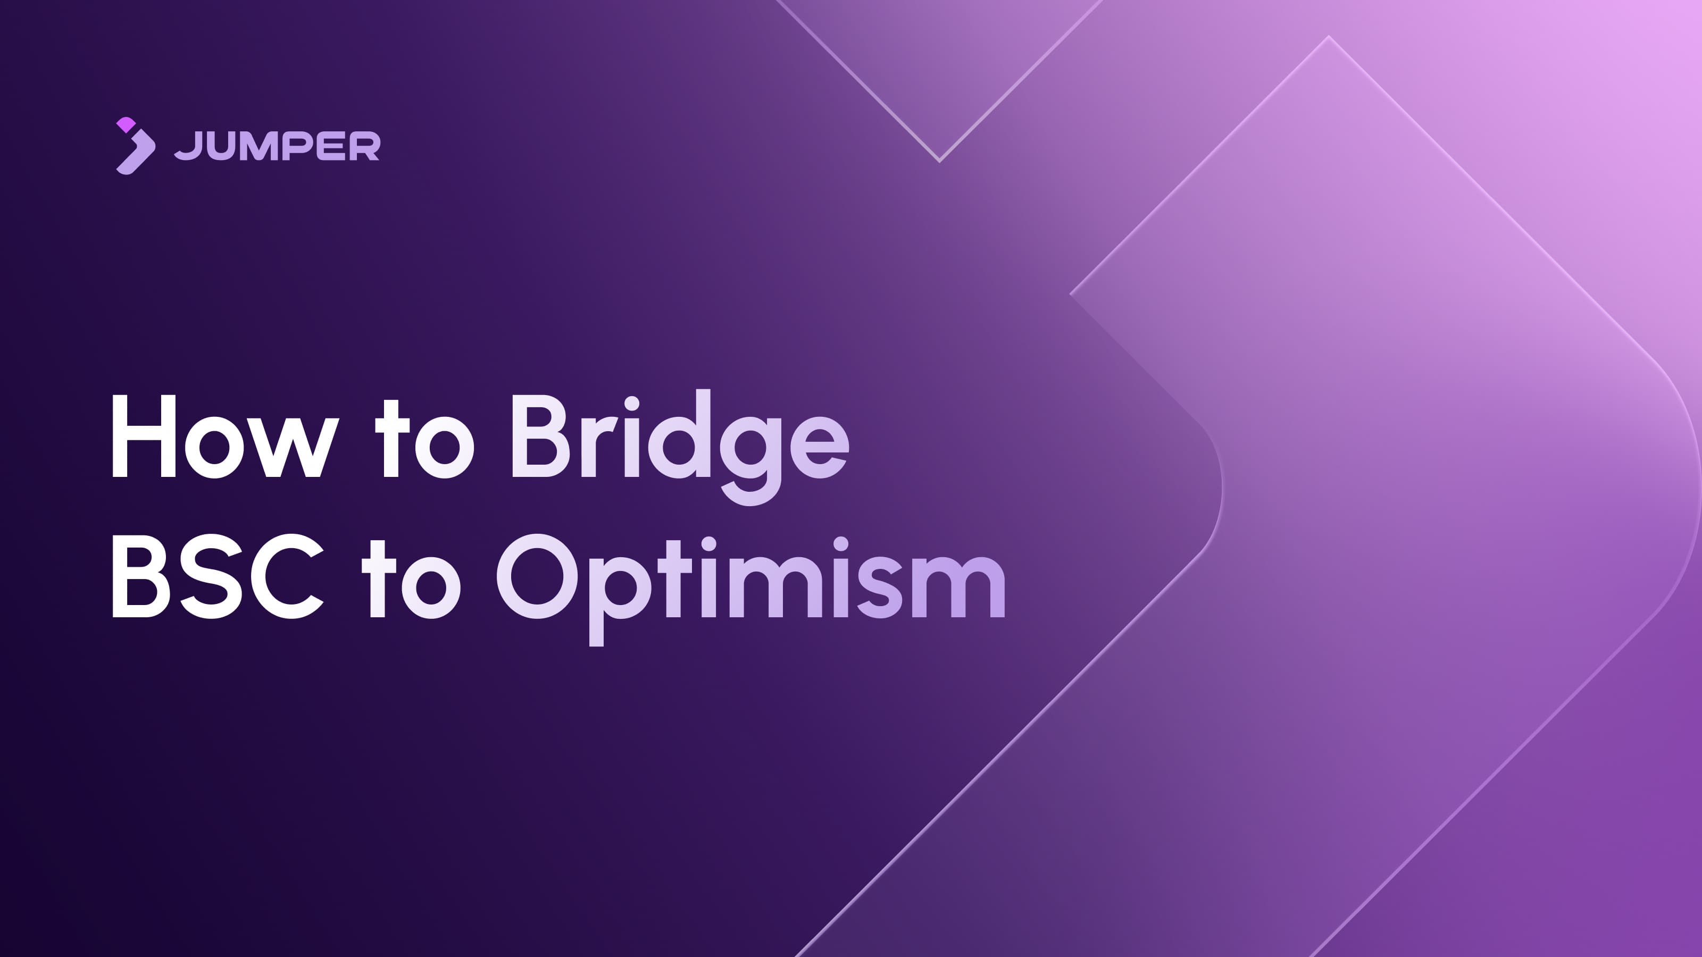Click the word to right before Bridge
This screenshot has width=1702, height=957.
[424, 440]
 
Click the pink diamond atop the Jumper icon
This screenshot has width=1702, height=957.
[126, 125]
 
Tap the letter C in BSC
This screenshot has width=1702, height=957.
[286, 576]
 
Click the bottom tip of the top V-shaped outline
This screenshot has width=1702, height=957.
[939, 160]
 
